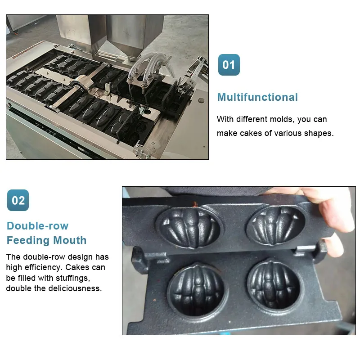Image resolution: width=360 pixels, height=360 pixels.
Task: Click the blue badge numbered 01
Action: pos(229,65)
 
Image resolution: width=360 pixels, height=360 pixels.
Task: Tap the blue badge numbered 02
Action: pos(18,200)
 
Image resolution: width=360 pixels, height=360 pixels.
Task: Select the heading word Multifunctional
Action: pos(257,97)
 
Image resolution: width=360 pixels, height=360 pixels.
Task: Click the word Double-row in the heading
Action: pos(38,226)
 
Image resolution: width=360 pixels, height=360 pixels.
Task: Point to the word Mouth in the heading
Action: pos(70,240)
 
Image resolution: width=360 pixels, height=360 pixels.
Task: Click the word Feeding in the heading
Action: pos(28,241)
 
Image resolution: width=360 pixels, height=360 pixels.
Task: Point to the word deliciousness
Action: pos(78,288)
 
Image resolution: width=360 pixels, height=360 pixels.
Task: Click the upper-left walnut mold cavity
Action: pos(188,227)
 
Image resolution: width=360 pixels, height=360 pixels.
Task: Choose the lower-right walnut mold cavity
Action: pos(274,285)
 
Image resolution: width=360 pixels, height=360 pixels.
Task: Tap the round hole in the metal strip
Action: pos(148,112)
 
